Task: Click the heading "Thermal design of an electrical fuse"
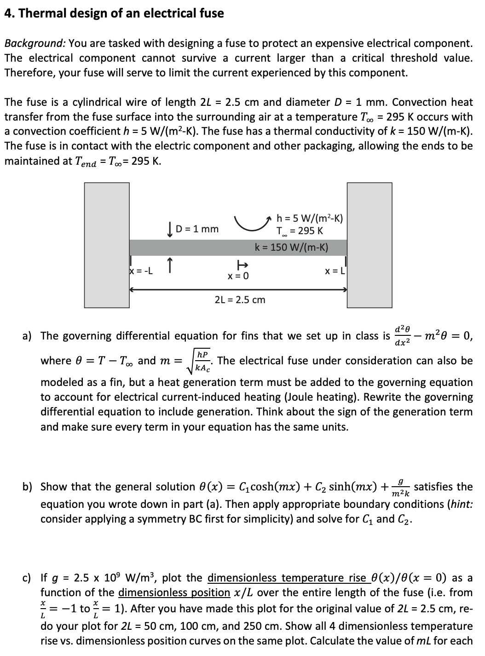coord(114,13)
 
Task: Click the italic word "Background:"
coord(35,43)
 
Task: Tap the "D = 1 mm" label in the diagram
coord(198,229)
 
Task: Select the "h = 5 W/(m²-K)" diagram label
coord(310,219)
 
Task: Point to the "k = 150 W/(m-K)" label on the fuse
coord(291,247)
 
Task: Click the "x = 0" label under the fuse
coord(238,276)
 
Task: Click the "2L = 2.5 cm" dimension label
coord(240,300)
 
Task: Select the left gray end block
coord(107,245)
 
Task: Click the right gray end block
coord(368,245)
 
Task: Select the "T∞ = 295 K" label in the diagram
coord(300,230)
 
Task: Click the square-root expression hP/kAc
coord(201,361)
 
